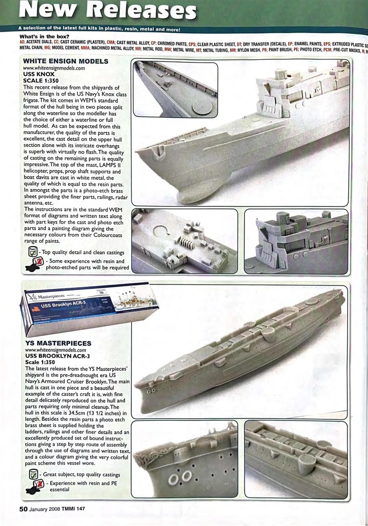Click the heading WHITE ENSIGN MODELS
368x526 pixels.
[x=66, y=62]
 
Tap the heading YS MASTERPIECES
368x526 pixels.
[x=58, y=343]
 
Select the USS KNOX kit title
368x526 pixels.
[x=39, y=74]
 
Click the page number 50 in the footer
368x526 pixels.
[x=23, y=508]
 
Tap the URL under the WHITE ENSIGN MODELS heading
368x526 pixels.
[x=54, y=68]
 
